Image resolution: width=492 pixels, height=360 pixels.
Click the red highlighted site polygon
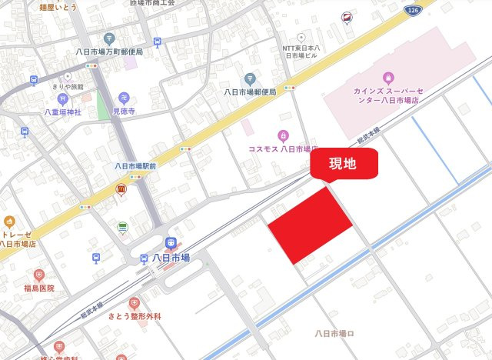(x=310, y=223)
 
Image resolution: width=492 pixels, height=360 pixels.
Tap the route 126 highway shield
(x=414, y=10)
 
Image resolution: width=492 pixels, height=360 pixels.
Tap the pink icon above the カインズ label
(x=387, y=77)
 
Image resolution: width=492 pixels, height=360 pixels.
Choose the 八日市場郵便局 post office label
(x=250, y=92)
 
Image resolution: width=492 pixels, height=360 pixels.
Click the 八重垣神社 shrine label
(x=62, y=112)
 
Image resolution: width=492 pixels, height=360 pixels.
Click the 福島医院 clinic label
(x=38, y=288)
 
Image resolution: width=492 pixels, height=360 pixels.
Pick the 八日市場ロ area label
(x=334, y=333)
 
